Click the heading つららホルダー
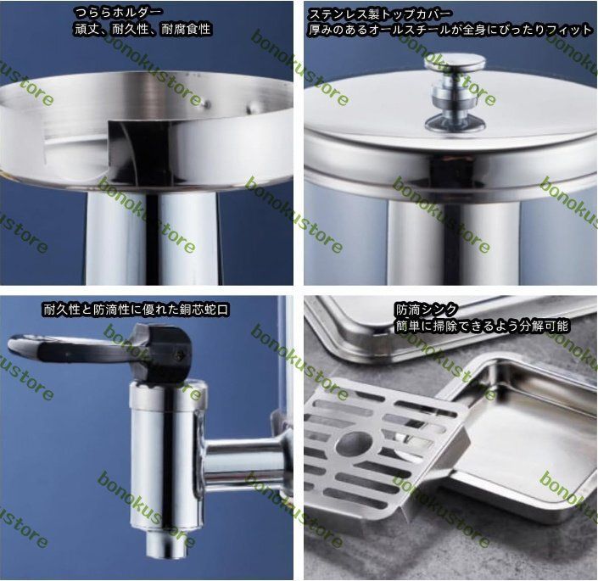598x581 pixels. tap(117, 13)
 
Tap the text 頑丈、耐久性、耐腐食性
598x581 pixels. tap(143, 30)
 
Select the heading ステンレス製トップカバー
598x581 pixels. tap(379, 14)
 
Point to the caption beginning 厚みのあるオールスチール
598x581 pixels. tap(450, 31)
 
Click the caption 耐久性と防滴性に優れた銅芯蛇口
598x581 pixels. tap(136, 310)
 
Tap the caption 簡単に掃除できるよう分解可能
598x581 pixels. tap(482, 326)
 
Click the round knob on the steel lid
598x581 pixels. tap(455, 92)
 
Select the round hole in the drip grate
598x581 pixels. tap(355, 443)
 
